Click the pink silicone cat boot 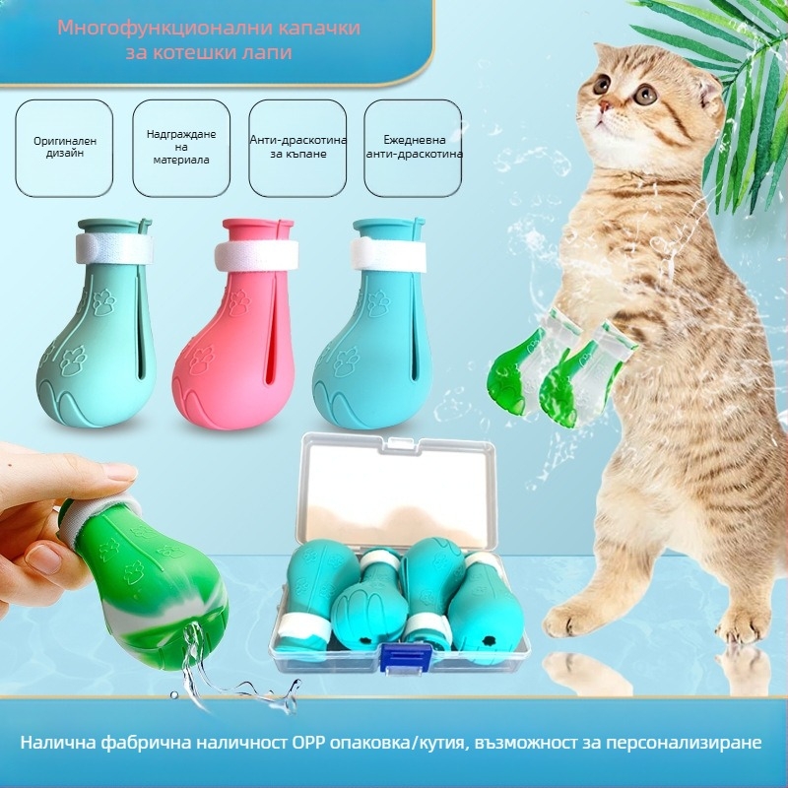(236, 322)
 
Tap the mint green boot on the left (96, 322)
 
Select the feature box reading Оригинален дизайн (64, 148)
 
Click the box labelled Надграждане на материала (181, 148)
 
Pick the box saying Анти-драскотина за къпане (297, 148)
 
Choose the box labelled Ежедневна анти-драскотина (413, 148)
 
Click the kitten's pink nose (606, 106)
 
